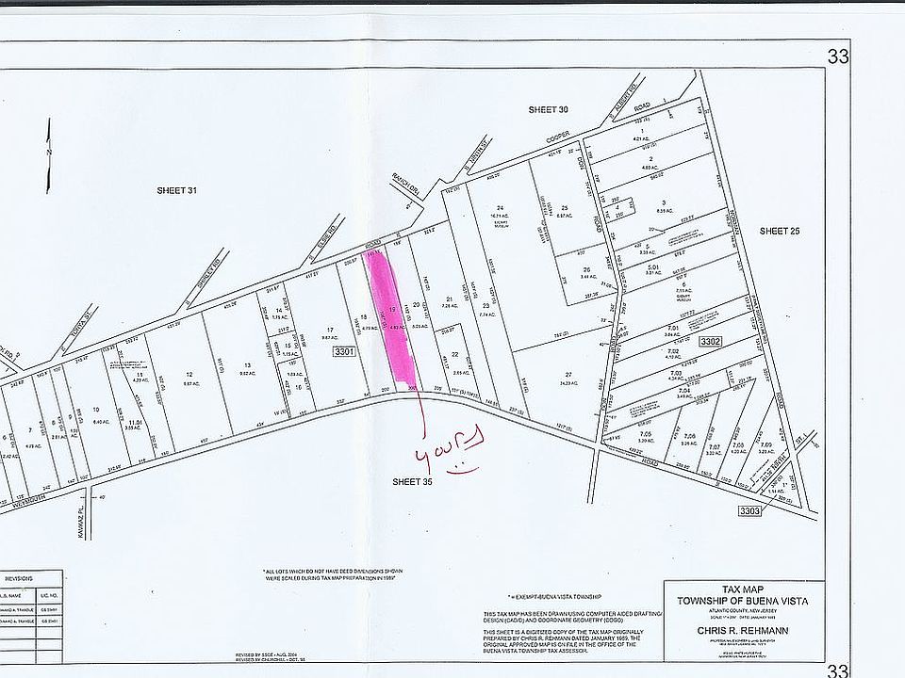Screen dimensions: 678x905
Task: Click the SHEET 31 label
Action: coord(176,190)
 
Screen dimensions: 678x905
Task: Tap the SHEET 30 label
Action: coord(548,110)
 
